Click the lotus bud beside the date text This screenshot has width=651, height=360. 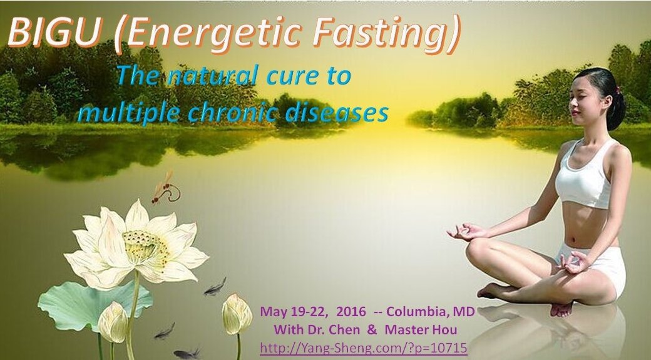[237, 314]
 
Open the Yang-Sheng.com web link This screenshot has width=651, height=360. [363, 347]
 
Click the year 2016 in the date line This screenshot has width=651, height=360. [351, 311]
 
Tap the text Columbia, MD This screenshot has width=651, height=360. [431, 311]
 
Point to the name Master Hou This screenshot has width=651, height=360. [421, 330]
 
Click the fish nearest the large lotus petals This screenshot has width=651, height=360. [215, 287]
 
